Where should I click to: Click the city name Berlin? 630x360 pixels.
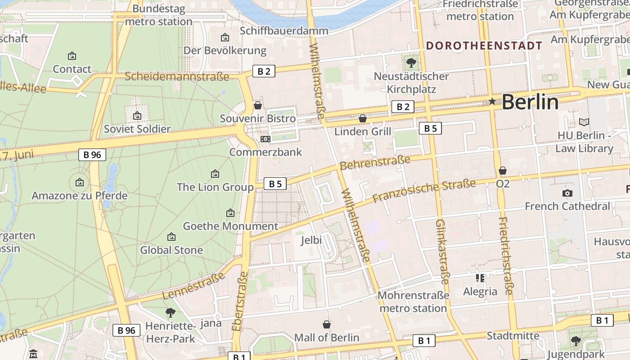click(530, 102)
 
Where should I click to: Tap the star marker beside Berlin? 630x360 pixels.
click(492, 102)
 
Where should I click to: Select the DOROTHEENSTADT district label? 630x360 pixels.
click(484, 45)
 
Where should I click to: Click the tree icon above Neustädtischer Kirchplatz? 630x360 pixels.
click(411, 63)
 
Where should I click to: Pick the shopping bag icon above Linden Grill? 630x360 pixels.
click(363, 118)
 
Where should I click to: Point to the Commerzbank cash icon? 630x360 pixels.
click(265, 139)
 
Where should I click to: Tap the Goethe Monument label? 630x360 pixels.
click(230, 226)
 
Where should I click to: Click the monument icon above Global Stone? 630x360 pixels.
click(171, 237)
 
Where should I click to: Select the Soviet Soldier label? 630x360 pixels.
click(137, 129)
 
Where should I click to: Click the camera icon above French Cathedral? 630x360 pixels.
click(567, 193)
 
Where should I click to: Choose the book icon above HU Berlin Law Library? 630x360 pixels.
click(584, 122)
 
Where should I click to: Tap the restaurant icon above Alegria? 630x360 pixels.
click(480, 278)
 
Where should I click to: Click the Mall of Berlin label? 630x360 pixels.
click(327, 337)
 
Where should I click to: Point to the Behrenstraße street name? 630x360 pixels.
click(375, 162)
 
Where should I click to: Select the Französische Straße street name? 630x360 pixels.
click(424, 191)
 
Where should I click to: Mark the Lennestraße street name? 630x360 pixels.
click(193, 287)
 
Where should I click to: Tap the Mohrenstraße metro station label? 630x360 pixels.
click(413, 302)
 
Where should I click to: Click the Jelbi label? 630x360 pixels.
click(311, 240)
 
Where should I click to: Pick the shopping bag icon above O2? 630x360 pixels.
click(503, 171)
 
